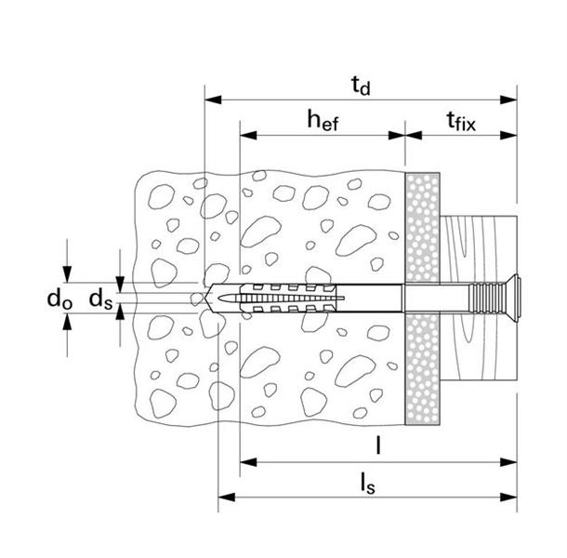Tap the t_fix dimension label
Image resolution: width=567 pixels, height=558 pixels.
(x=460, y=120)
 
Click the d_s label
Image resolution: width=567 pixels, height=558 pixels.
(x=99, y=299)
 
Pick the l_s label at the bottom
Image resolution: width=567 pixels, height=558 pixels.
(x=368, y=483)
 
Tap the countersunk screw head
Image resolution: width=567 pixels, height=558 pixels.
(x=519, y=299)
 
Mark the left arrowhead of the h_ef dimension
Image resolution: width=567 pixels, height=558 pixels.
(x=244, y=134)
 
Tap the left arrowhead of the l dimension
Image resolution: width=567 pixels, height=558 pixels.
(x=245, y=460)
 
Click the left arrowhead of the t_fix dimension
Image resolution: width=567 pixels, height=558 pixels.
(x=411, y=134)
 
